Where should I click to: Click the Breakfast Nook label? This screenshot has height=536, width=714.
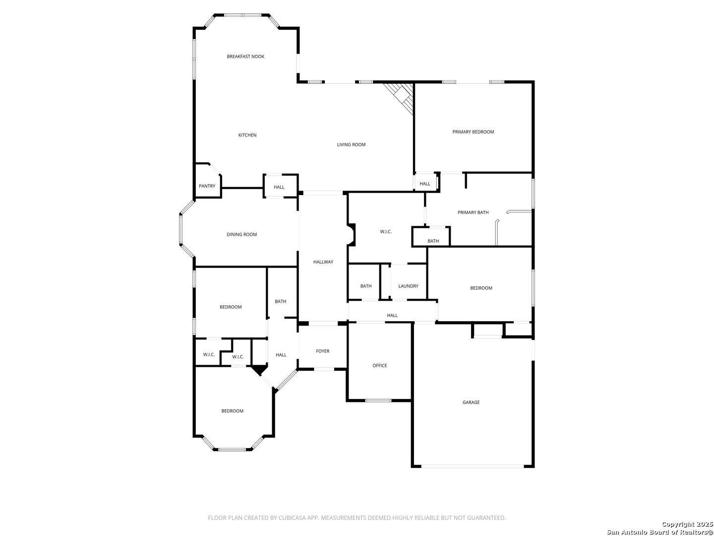click(x=245, y=57)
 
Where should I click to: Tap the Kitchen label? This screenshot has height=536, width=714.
click(x=247, y=135)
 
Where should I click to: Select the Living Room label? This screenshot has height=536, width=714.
click(x=351, y=145)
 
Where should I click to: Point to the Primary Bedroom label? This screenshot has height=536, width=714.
click(x=473, y=132)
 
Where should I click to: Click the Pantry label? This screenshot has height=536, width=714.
click(x=207, y=186)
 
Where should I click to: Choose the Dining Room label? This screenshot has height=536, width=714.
click(x=241, y=235)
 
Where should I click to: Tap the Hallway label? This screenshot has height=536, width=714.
click(x=323, y=262)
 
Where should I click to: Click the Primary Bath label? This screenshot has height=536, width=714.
click(x=473, y=212)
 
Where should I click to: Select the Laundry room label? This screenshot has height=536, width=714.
click(x=408, y=286)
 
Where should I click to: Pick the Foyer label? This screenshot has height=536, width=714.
click(x=323, y=351)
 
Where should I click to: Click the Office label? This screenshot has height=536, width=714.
click(x=380, y=366)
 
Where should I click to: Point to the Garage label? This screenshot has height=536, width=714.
click(x=471, y=402)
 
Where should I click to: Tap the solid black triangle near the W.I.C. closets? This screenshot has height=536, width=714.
click(x=258, y=370)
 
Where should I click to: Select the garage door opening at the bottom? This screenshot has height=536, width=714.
click(x=473, y=467)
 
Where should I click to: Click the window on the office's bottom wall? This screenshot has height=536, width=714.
click(x=378, y=400)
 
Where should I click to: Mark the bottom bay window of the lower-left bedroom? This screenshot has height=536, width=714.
click(x=232, y=450)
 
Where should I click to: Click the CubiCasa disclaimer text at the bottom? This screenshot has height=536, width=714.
click(x=357, y=518)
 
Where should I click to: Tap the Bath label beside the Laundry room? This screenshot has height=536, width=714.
click(x=366, y=286)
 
